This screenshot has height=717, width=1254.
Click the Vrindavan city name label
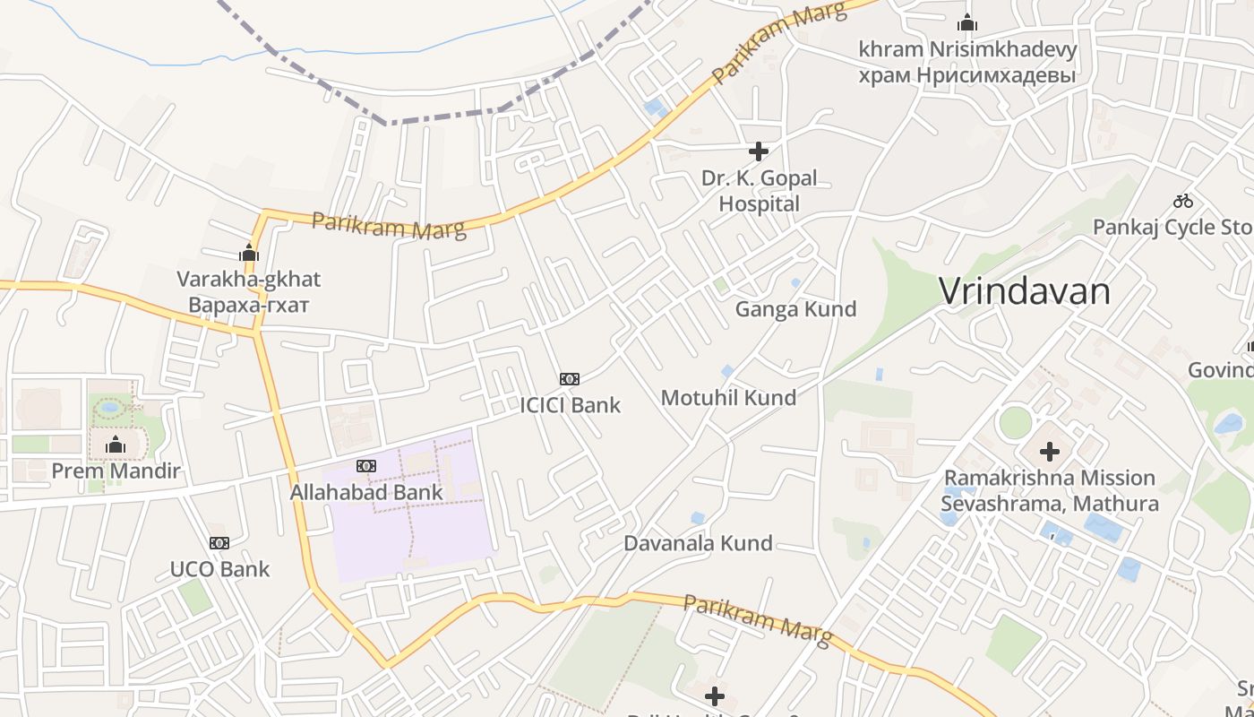(1024, 291)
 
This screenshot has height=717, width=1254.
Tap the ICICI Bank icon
(570, 379)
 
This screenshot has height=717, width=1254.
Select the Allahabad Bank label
(366, 492)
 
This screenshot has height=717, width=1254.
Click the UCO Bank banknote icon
(219, 543)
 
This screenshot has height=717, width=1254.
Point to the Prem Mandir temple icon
(116, 445)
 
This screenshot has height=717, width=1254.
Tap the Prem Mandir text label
(116, 471)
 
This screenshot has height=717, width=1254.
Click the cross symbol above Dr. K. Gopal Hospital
(759, 151)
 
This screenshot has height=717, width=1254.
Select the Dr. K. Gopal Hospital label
(759, 191)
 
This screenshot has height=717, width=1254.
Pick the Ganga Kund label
(795, 309)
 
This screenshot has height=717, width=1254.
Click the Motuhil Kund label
(728, 397)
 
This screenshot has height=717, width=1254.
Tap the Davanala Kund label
(698, 543)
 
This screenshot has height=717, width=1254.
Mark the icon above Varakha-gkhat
(249, 254)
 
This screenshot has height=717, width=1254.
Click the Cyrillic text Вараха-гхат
(248, 305)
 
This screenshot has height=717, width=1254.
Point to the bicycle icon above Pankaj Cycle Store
(1183, 201)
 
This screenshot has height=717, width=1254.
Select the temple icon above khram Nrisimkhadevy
(967, 23)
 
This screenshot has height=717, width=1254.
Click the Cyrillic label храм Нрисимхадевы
(966, 75)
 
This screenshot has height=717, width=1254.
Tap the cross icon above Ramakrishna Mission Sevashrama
(1049, 452)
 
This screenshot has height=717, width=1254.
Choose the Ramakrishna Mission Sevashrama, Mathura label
(1049, 490)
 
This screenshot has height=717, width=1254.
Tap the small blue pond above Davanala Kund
(698, 518)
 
